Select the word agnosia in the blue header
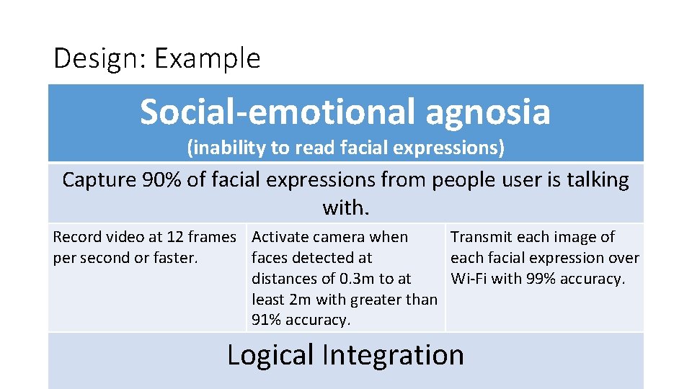pyautogui.click(x=487, y=112)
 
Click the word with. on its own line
pyautogui.click(x=346, y=207)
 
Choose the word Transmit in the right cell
pyautogui.click(x=482, y=237)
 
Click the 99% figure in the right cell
pyautogui.click(x=544, y=278)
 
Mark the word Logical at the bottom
pyautogui.click(x=270, y=355)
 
